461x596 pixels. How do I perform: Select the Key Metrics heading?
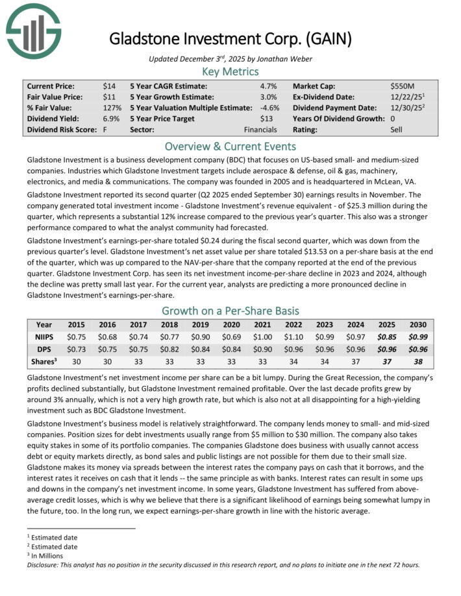pos(230,71)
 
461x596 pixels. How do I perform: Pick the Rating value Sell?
pos(397,130)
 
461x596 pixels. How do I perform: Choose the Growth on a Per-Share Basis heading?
pos(230,310)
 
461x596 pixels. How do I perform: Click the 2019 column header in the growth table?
pos(199,324)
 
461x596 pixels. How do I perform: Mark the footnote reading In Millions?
pos(51,555)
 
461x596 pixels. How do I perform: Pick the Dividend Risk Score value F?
pos(105,130)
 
